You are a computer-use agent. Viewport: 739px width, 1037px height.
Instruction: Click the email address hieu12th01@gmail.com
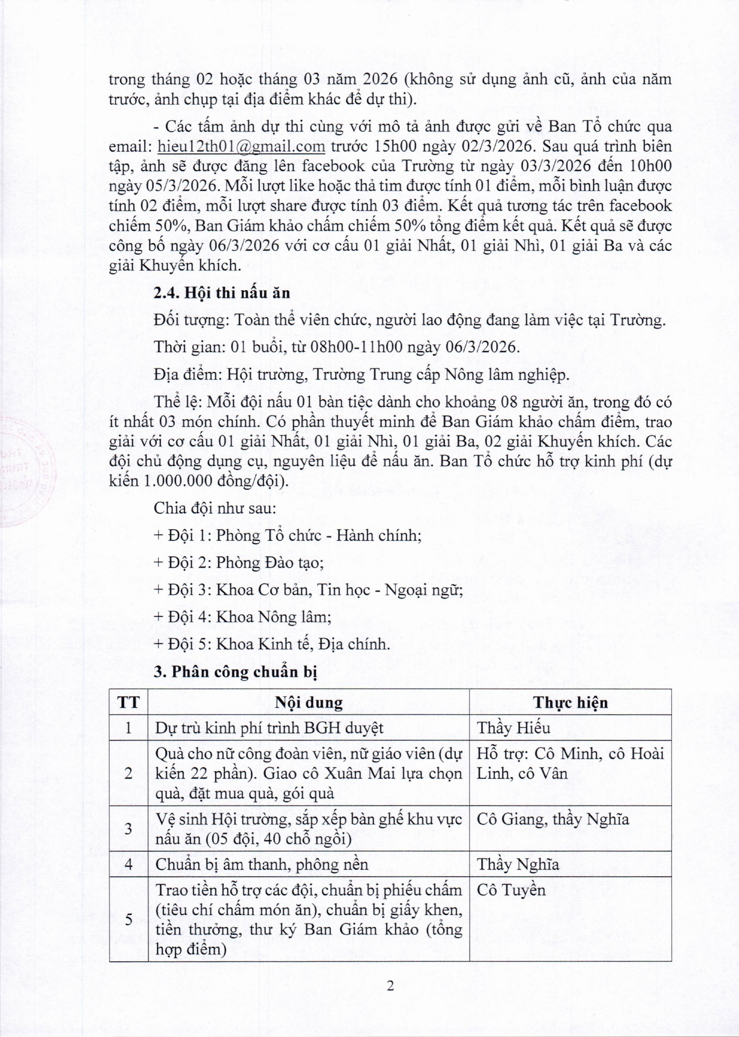(241, 146)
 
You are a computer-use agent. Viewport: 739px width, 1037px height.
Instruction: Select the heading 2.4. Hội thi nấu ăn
(222, 293)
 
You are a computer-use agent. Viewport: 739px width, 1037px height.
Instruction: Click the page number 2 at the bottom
(390, 985)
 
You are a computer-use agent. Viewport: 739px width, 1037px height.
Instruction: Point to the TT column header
(128, 702)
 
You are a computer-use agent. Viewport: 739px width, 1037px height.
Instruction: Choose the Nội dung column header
(309, 702)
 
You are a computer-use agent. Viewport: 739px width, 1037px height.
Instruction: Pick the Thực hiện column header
(570, 702)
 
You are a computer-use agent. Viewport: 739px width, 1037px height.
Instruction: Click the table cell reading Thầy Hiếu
(514, 728)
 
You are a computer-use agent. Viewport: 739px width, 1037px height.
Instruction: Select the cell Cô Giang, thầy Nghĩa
(552, 819)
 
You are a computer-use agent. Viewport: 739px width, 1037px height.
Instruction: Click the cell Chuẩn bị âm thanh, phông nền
(262, 864)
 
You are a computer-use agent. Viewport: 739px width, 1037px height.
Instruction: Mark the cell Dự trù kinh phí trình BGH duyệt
(269, 728)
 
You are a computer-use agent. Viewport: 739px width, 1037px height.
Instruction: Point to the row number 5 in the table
(128, 919)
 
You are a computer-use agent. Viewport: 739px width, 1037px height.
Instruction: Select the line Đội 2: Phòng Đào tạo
(239, 563)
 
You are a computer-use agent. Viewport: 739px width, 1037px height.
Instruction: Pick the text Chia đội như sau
(214, 508)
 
